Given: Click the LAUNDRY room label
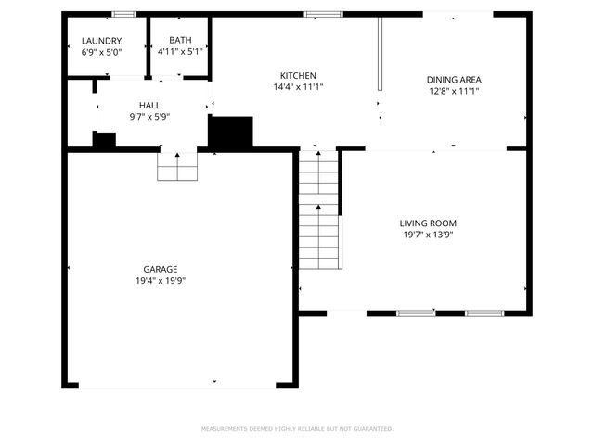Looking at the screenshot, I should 101,41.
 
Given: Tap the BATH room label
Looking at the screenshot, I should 180,40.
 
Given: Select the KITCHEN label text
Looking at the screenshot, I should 299,75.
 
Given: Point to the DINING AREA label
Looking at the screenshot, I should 454,80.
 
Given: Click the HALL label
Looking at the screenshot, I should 149,107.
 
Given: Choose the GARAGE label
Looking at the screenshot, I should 161,269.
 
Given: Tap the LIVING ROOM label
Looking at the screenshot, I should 428,223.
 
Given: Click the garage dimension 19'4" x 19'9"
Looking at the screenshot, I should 161,280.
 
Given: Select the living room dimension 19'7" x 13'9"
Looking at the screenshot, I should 428,235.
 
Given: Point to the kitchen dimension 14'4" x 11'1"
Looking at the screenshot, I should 299,86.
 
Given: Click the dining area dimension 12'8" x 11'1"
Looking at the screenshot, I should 454,91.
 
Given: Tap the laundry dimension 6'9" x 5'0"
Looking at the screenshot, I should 101,52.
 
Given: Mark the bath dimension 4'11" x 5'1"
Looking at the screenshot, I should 180,51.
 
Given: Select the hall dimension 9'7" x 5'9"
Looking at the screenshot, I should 149,118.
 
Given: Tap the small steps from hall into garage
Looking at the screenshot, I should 177,166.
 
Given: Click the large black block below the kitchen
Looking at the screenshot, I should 230,132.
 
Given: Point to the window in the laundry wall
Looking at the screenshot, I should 123,14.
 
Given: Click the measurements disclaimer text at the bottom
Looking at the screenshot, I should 297,429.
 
